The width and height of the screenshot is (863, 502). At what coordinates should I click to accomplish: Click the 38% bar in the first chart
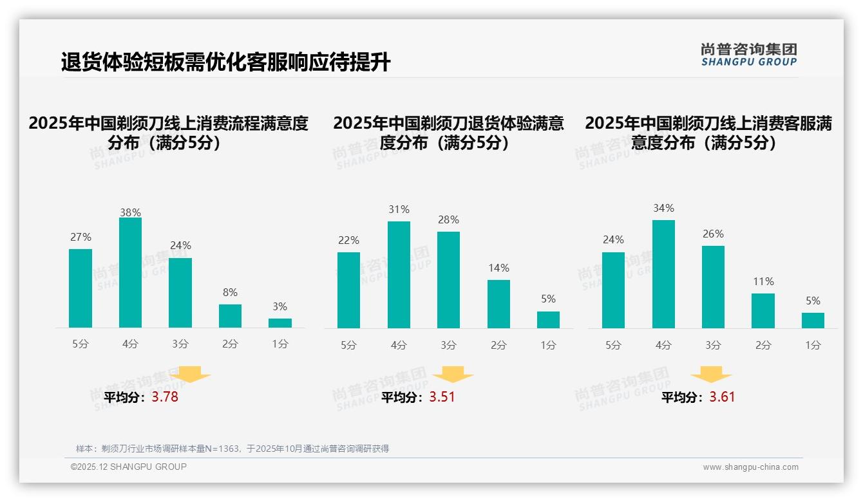(x=130, y=272)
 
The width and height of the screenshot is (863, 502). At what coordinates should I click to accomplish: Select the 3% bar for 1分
(x=280, y=323)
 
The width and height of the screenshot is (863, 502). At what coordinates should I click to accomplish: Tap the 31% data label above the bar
(x=399, y=210)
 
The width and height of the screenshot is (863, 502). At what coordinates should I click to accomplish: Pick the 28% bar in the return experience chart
(x=448, y=280)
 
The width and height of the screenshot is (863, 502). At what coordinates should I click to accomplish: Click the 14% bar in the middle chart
(x=498, y=304)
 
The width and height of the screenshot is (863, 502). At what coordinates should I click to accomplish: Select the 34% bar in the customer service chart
(x=663, y=274)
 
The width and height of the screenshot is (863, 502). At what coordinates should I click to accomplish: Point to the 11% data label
(x=763, y=282)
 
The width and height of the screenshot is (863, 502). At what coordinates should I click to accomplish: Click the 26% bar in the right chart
(x=713, y=287)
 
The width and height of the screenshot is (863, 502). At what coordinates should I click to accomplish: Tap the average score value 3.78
(x=165, y=397)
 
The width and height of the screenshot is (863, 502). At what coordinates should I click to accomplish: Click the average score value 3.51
(x=442, y=397)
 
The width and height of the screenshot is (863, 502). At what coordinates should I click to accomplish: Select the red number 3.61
(x=722, y=397)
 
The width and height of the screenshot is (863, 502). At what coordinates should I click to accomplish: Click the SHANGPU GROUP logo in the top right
(x=748, y=54)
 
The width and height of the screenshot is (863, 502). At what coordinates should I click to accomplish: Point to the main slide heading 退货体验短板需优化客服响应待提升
(x=225, y=62)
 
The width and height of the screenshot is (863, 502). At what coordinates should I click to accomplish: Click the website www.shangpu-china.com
(x=750, y=467)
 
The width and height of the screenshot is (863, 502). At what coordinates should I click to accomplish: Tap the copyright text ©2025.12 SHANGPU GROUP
(x=129, y=467)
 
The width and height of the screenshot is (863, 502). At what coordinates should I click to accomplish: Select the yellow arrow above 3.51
(x=453, y=375)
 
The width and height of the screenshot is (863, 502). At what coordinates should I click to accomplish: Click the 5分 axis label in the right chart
(x=613, y=346)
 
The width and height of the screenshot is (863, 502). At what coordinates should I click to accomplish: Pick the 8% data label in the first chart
(x=230, y=293)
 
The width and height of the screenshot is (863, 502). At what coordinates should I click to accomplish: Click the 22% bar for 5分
(x=348, y=290)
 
